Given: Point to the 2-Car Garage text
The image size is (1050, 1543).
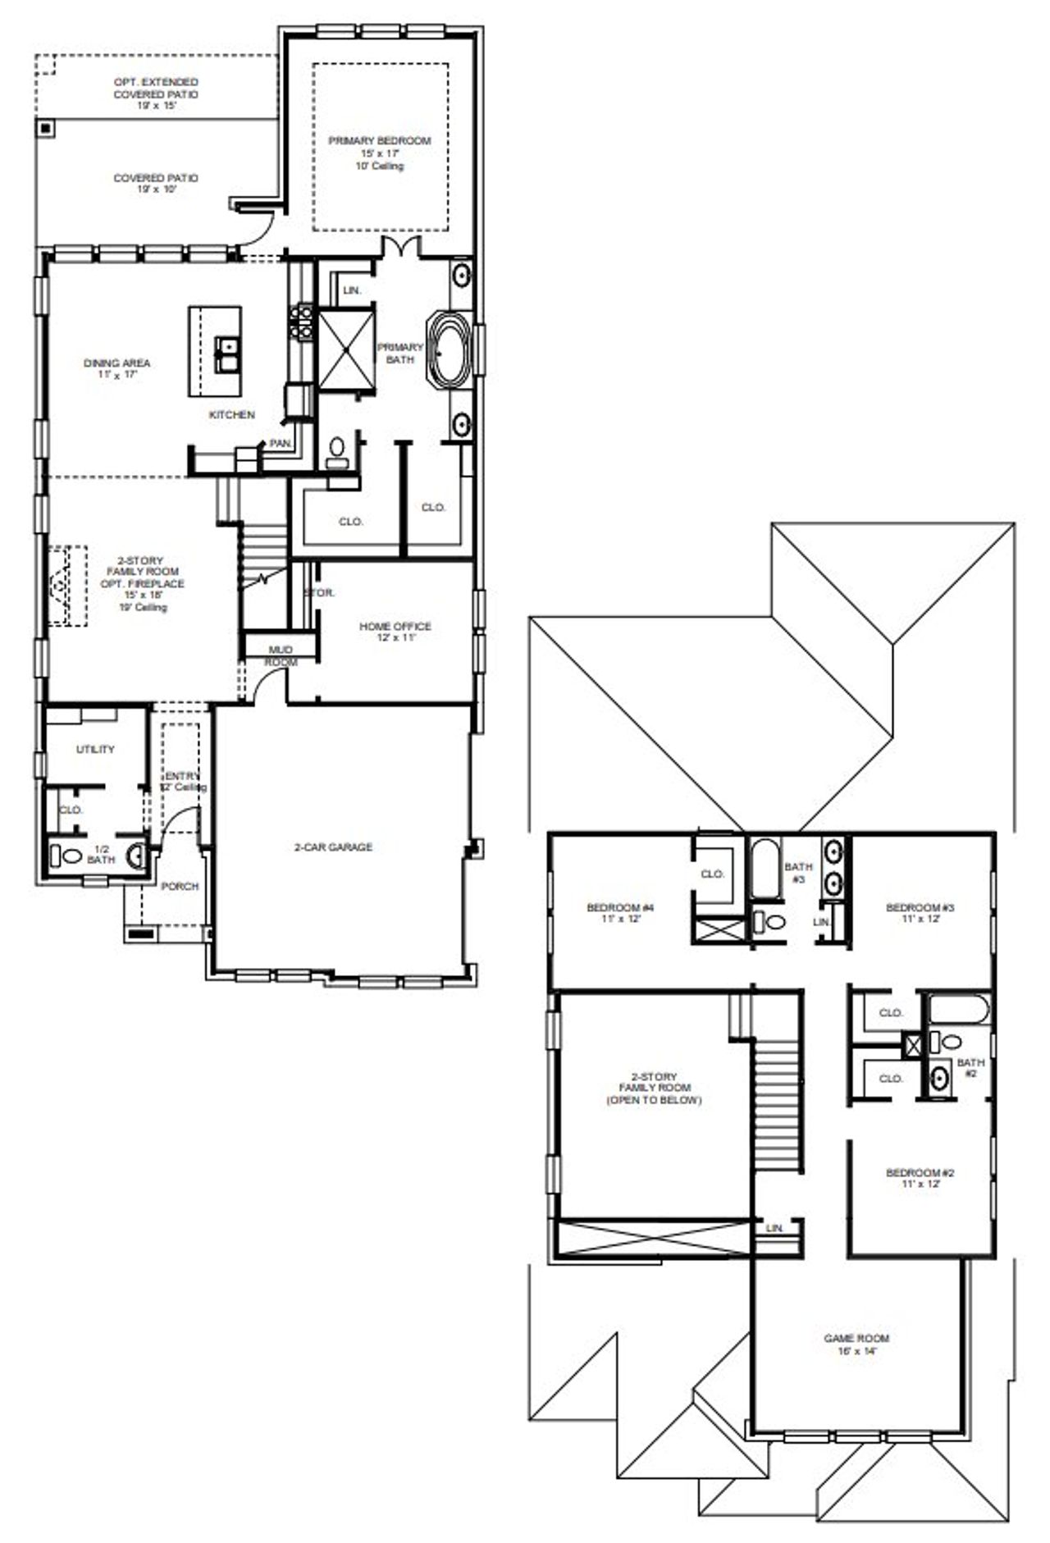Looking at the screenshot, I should click(x=333, y=847).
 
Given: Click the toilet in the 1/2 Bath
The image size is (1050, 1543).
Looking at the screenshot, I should click(x=70, y=856).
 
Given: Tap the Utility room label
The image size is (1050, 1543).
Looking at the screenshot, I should click(x=95, y=749).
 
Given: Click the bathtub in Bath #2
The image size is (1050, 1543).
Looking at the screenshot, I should click(x=958, y=1009).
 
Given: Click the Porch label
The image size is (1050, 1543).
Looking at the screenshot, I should click(x=180, y=886).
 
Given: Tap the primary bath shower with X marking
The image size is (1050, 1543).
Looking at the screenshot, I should click(x=345, y=349).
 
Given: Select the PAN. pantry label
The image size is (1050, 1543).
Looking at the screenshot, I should click(x=281, y=443).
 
